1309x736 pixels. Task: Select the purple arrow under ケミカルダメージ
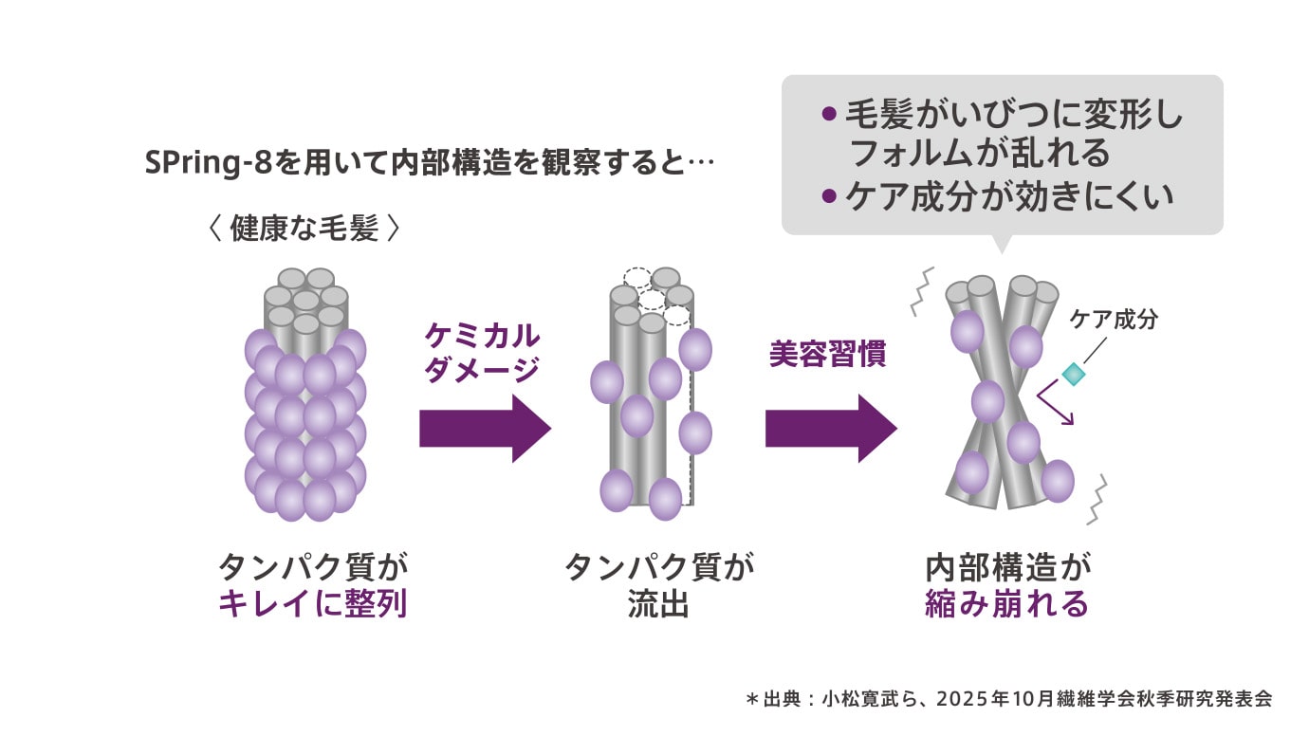(485, 428)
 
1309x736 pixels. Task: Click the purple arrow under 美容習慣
(831, 428)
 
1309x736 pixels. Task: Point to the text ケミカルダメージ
(482, 353)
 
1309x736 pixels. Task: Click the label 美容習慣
(827, 355)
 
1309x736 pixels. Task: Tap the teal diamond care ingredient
(1072, 374)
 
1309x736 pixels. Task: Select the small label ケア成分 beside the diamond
(1114, 320)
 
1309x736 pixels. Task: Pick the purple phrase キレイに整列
(313, 604)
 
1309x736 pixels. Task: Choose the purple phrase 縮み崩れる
(1006, 604)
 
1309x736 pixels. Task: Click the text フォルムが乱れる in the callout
(981, 153)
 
